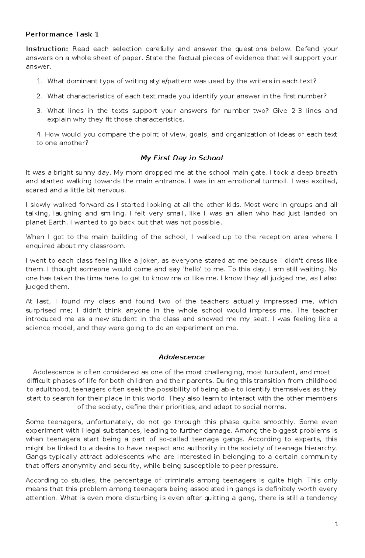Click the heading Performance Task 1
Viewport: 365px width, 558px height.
point(62,34)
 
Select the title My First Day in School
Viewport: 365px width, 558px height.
point(182,158)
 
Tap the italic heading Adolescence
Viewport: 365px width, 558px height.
point(181,357)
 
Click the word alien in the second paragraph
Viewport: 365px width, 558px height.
point(244,213)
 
